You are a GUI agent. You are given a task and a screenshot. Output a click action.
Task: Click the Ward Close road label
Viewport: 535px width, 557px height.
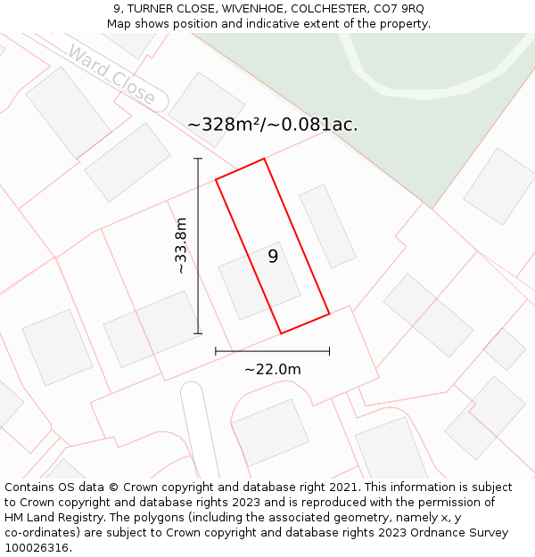coord(111,77)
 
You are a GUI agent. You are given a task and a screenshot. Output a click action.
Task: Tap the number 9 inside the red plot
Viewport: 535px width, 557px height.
coord(273,257)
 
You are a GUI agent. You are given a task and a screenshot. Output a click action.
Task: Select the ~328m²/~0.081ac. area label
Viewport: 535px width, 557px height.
coord(272,125)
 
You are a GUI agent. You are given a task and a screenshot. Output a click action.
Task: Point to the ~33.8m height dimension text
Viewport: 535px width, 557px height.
coord(180,245)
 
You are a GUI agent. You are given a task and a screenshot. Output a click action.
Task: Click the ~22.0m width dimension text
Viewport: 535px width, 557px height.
coord(273,369)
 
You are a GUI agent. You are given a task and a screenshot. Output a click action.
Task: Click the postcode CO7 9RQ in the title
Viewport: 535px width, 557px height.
coord(400,9)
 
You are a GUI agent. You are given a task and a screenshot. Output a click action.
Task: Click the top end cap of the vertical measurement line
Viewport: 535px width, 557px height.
coord(198,159)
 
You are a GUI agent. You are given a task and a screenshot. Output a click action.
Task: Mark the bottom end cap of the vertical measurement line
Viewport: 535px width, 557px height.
coord(198,334)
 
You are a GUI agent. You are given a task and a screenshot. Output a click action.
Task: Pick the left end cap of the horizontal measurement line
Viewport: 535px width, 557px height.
coord(216,351)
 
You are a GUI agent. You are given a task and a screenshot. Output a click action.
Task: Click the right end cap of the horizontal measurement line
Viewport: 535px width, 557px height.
coord(329,351)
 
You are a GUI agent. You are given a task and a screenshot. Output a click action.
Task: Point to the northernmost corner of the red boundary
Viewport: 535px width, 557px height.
coord(264,159)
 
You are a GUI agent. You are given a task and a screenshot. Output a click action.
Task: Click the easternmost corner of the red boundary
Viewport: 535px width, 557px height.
coord(329,313)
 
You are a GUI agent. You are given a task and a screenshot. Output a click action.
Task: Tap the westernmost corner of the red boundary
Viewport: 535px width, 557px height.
coord(216,180)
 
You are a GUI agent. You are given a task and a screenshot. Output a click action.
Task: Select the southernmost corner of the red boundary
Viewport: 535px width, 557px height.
coord(281,334)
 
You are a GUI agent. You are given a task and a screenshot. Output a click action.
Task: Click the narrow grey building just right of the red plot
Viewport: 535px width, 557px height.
coord(327,226)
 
